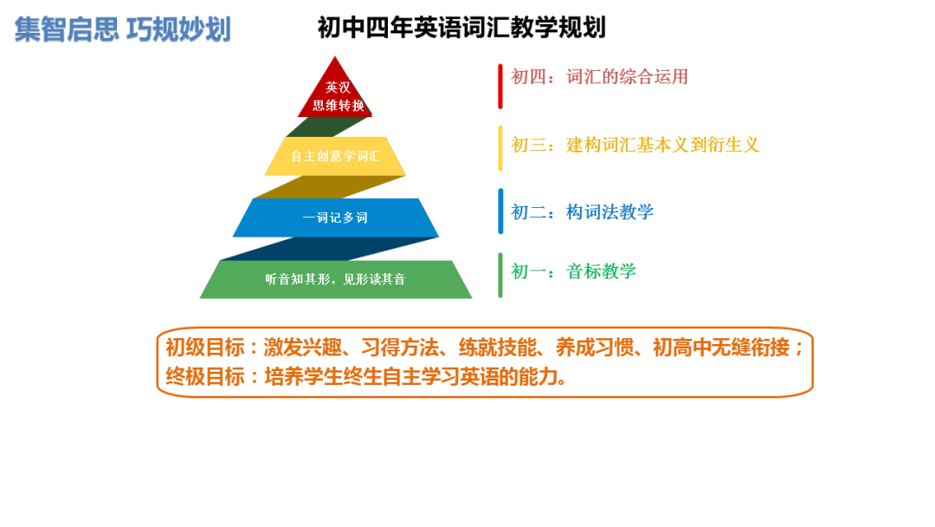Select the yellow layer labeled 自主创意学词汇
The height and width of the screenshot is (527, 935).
point(335,157)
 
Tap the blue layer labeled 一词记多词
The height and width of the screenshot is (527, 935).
point(335,218)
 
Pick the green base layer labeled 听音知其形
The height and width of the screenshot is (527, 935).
point(335,279)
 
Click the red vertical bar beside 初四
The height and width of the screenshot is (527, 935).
point(500,86)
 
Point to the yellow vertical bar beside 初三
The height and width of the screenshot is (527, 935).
point(500,148)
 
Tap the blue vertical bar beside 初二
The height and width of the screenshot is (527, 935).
point(500,211)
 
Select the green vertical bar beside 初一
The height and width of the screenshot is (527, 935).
point(500,275)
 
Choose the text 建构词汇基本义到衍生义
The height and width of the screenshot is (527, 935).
point(662,145)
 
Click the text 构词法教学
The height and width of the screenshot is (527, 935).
point(609,211)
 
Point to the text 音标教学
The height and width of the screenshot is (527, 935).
point(601,271)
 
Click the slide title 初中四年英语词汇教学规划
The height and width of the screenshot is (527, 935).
point(461,29)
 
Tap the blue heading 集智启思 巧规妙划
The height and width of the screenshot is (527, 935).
point(122,29)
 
